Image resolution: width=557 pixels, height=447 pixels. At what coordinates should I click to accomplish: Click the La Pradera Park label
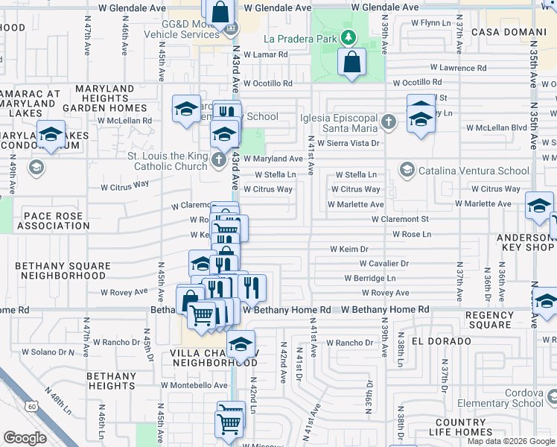300,39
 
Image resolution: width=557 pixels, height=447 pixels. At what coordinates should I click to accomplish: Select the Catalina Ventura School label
472,171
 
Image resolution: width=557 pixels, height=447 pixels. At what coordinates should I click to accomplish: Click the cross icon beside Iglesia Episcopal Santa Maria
387,121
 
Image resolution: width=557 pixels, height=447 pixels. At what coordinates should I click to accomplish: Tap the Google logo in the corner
25,438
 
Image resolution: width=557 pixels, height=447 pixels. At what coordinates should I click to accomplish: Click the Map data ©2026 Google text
511,441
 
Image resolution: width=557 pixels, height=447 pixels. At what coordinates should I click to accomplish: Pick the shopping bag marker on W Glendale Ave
220,12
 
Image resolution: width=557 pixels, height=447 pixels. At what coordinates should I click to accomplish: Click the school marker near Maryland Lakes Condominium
51,135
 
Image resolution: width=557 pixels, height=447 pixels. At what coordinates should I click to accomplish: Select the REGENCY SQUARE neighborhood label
488,320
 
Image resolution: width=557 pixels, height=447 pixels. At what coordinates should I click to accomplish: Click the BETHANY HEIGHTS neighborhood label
111,381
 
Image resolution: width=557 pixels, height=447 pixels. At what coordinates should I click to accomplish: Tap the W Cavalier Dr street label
384,264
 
